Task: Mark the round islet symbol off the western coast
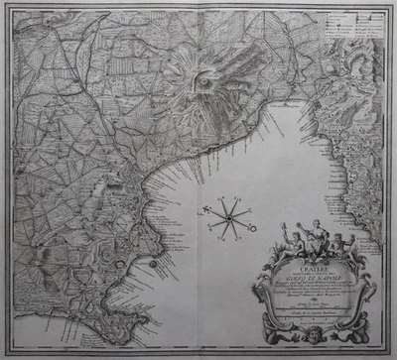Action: coord(151,266)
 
